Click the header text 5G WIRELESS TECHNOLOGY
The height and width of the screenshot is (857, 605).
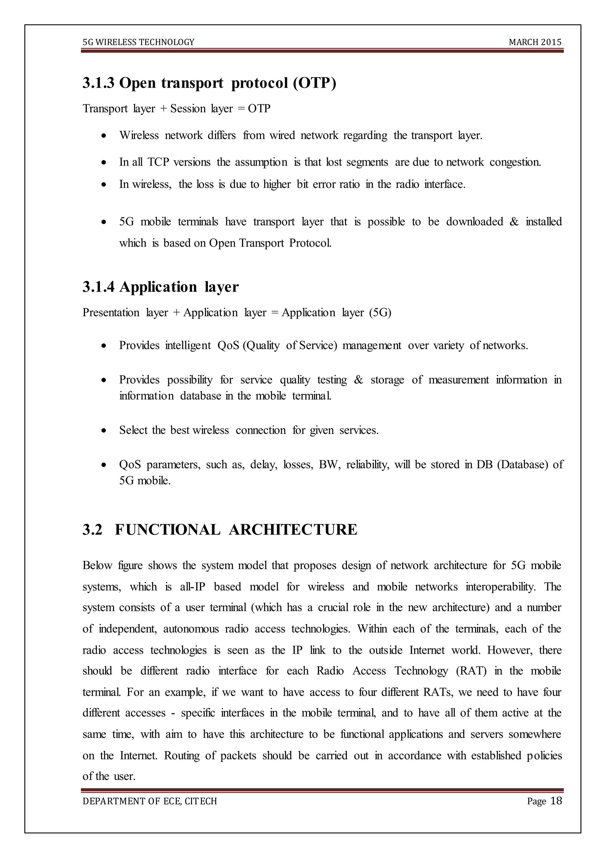pos(139,42)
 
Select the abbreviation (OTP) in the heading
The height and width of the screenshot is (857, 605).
pos(314,83)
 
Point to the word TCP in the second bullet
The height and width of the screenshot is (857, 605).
pos(158,162)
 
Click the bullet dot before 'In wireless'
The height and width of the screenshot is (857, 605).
pos(104,185)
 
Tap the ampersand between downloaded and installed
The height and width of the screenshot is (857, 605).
pos(514,222)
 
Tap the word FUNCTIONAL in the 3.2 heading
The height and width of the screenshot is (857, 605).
pos(167,529)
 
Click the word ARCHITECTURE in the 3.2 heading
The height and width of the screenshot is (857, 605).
pos(293,529)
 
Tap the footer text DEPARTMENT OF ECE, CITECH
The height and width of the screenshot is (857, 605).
pos(150,801)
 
